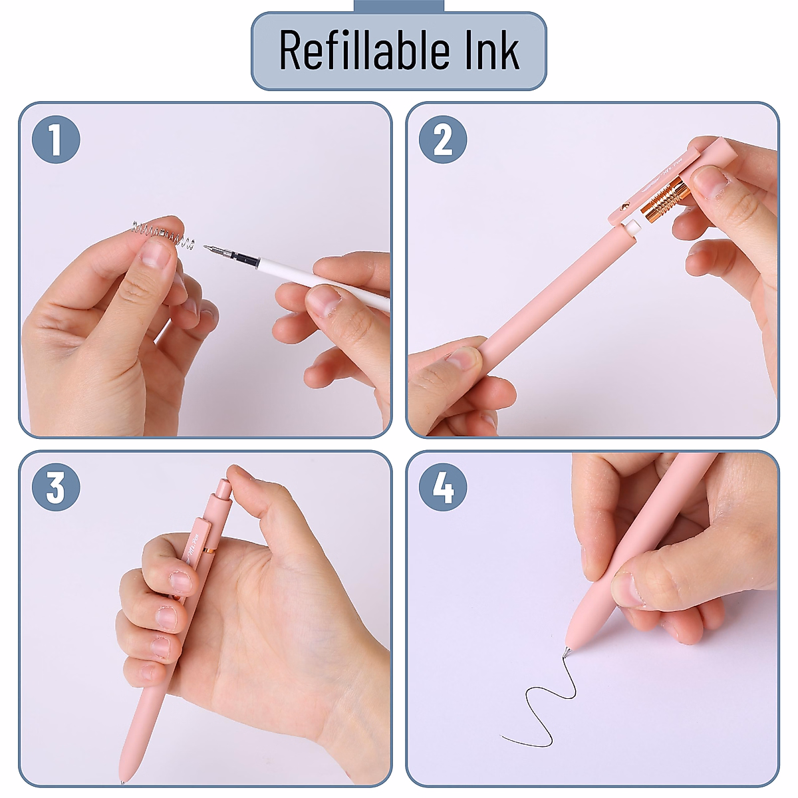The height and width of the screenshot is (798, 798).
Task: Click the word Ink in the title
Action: pos(491,50)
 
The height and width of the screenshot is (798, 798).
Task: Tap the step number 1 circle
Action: pos(56,140)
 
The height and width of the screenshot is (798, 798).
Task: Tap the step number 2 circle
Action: pos(443,140)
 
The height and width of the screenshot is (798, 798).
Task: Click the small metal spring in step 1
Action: pos(163,234)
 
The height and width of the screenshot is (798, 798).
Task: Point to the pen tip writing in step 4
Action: pos(567,652)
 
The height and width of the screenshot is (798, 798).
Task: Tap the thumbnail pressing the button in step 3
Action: pos(237,473)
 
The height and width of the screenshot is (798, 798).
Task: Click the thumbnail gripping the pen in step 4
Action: pos(625,589)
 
